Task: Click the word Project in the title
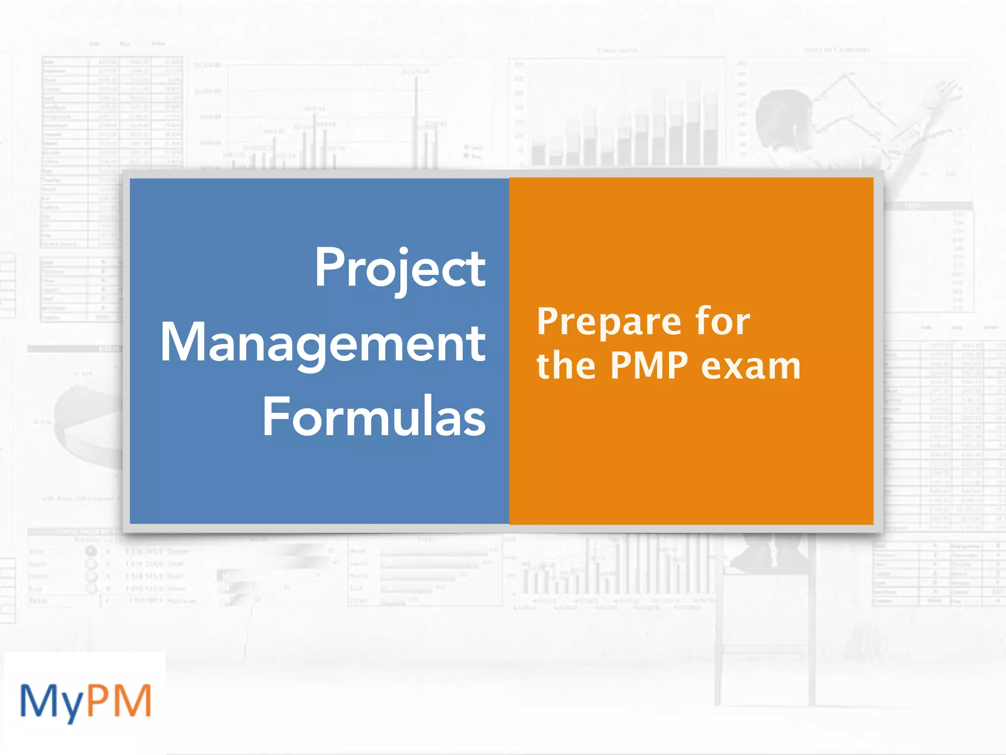coord(400,268)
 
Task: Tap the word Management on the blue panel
coord(323,343)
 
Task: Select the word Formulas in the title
coord(374,417)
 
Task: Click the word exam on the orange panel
coord(751,367)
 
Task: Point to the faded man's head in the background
coord(781,118)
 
